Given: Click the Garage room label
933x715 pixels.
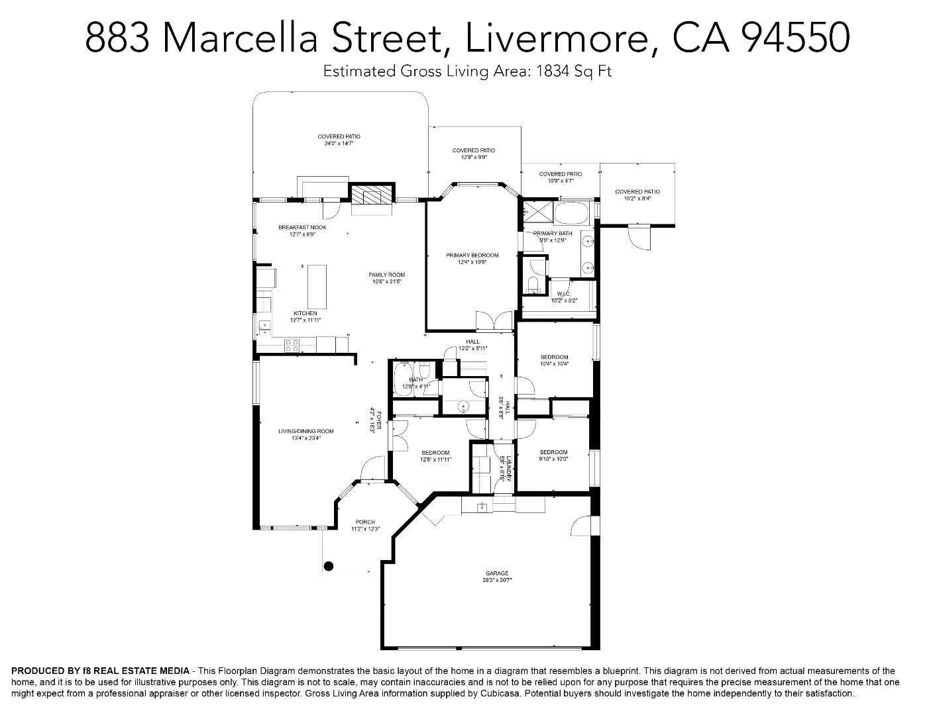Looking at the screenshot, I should (x=497, y=576).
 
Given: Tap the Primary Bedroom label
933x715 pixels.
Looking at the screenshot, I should (x=472, y=258).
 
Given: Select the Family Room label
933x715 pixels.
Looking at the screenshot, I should (x=387, y=278).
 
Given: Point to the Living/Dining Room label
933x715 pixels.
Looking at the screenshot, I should (x=305, y=434).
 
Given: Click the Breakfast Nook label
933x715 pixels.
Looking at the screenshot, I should (x=302, y=230).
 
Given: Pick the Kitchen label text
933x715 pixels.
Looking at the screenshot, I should (x=305, y=316).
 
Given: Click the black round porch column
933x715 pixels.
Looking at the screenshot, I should (x=328, y=566).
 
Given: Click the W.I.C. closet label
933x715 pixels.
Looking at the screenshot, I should (x=564, y=297).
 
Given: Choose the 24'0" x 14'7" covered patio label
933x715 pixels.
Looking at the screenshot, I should (x=339, y=140).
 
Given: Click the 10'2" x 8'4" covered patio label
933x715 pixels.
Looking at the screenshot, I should (x=637, y=195).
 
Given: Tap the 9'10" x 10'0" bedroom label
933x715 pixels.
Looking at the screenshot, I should (x=553, y=455).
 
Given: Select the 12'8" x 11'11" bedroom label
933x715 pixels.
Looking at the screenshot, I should (x=435, y=456).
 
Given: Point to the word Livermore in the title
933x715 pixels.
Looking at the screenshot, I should (x=556, y=38).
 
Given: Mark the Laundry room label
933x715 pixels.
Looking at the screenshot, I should (x=506, y=467).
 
